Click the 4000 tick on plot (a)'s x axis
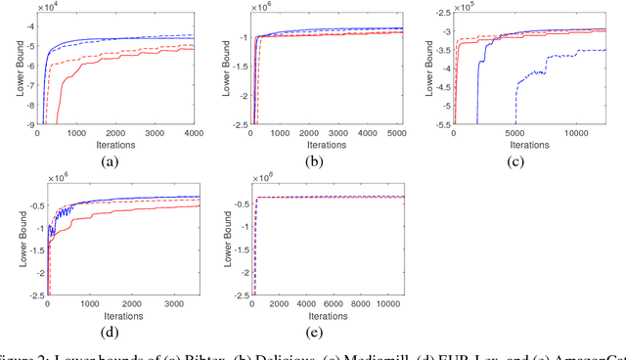pos(194,133)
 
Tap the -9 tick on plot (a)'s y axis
pos(31,124)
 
